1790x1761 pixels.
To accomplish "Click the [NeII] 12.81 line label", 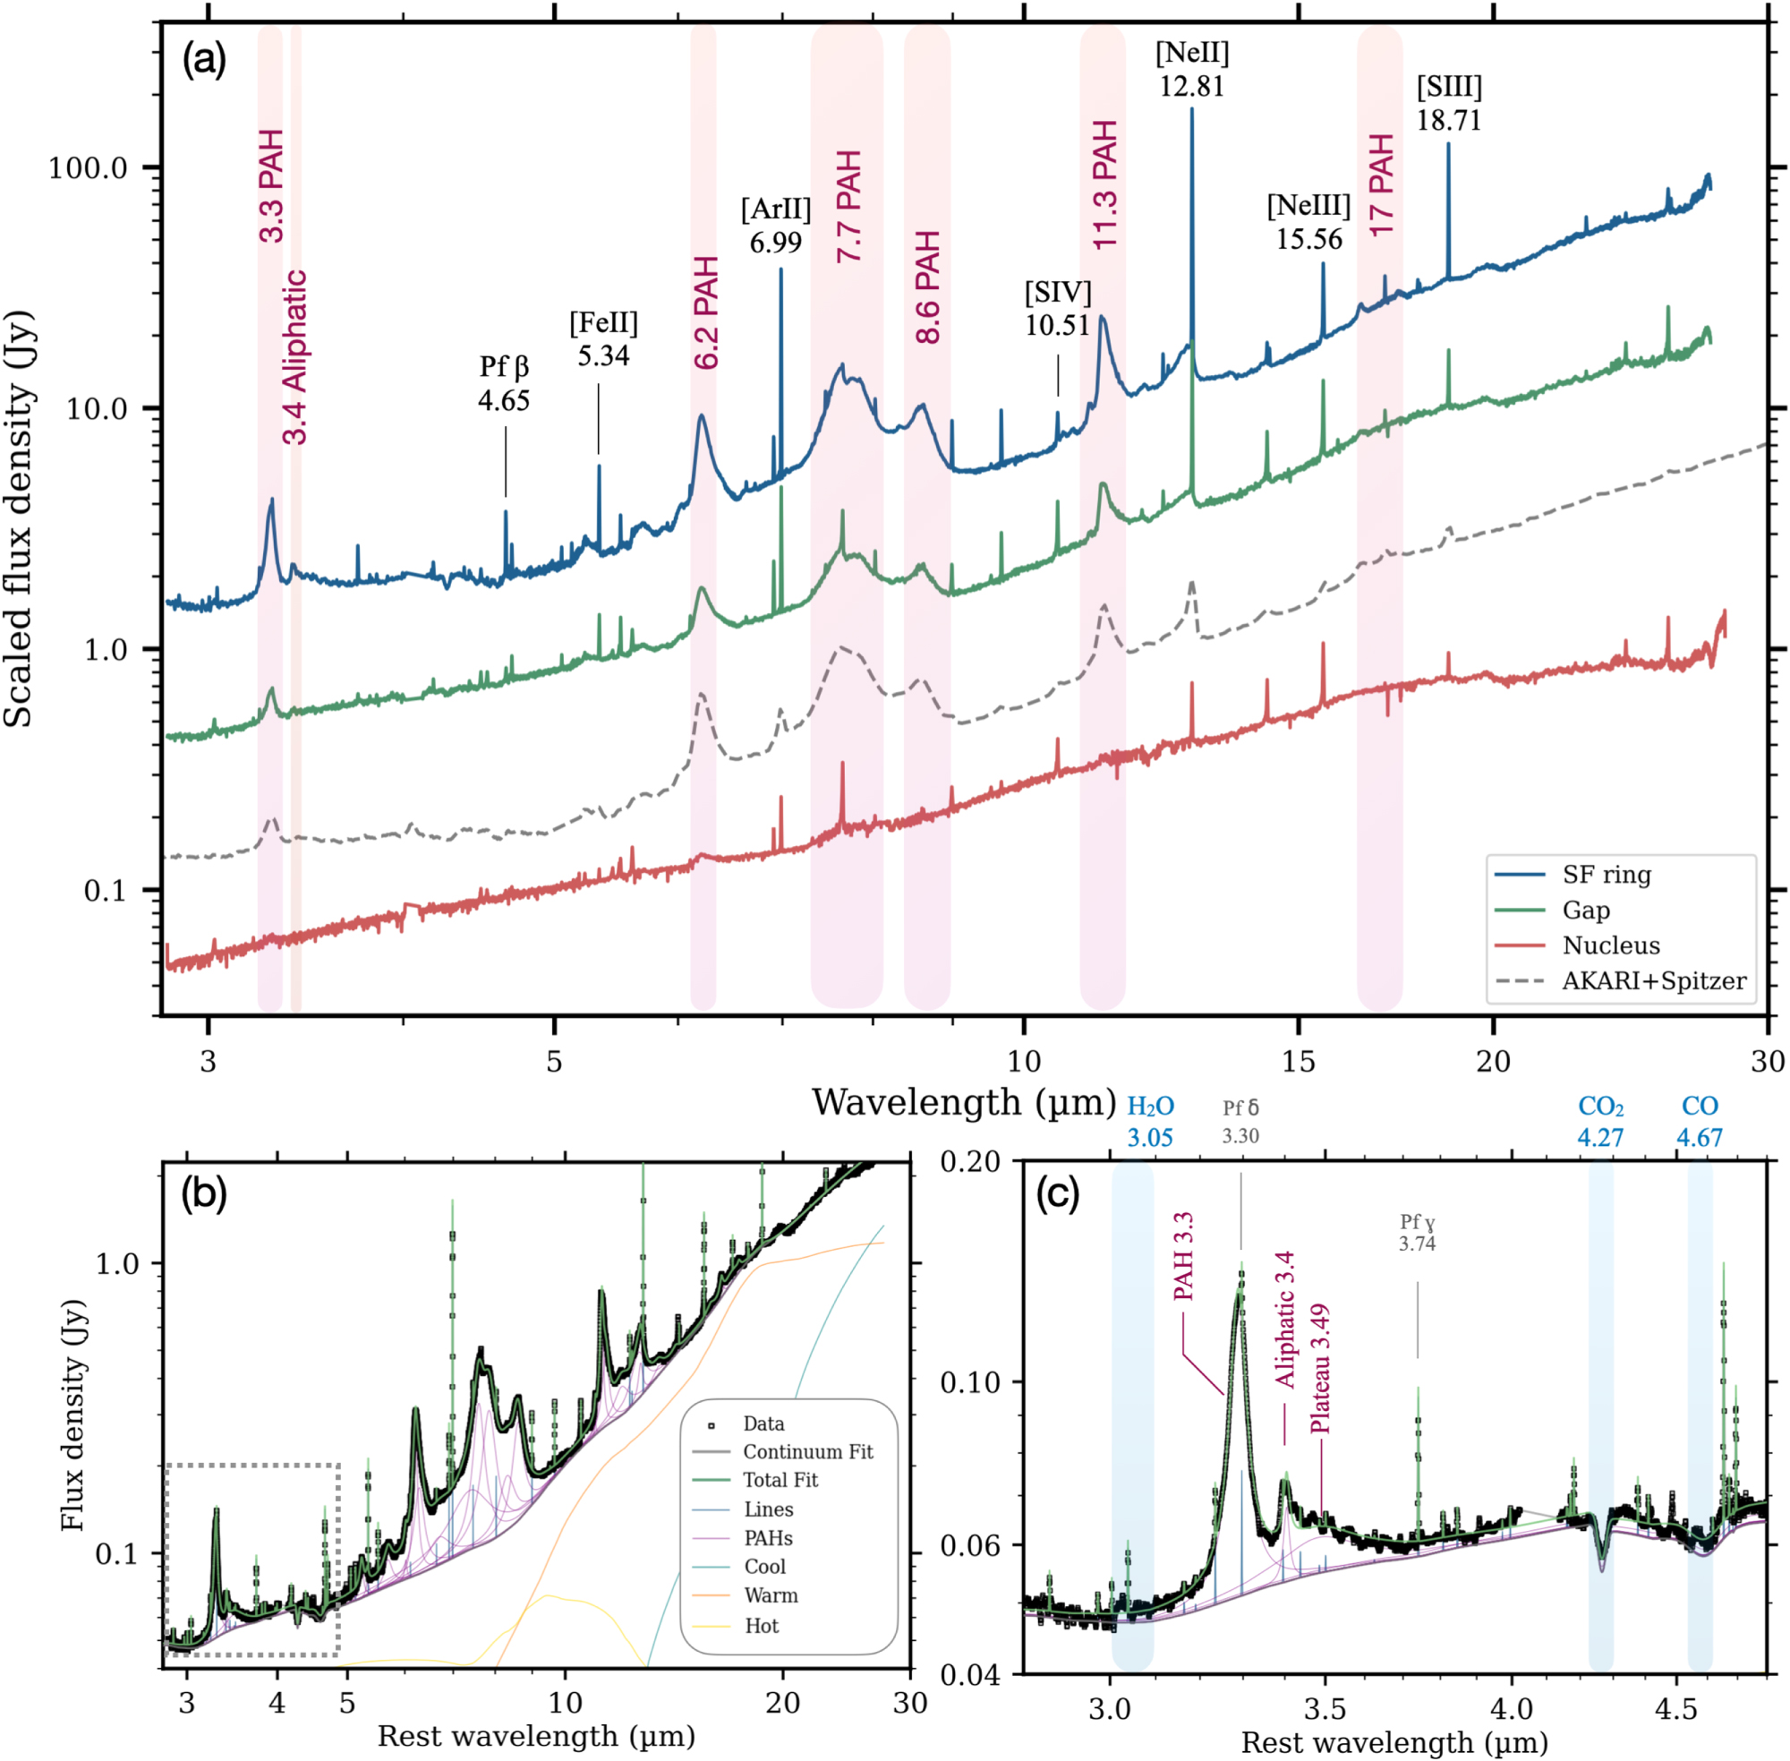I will (x=1192, y=69).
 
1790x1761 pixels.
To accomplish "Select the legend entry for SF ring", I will (x=1606, y=874).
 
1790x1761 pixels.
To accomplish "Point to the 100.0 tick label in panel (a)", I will (x=88, y=168).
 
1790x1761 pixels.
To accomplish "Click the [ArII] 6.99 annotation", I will (x=776, y=226).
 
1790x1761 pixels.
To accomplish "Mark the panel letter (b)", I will (x=204, y=1194).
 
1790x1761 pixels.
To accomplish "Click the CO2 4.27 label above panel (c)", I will (x=1600, y=1121).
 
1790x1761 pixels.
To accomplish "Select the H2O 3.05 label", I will (x=1150, y=1121).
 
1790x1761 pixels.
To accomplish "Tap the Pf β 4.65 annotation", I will (x=504, y=384).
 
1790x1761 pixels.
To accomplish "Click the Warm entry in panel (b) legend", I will (x=771, y=1595).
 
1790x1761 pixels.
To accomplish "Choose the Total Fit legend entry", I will (x=780, y=1480).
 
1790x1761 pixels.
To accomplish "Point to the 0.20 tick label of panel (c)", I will (x=970, y=1162).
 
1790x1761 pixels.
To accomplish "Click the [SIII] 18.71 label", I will (x=1449, y=104).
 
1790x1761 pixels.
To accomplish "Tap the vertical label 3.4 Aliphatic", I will (x=295, y=357).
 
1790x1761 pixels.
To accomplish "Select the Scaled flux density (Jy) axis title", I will (x=19, y=518).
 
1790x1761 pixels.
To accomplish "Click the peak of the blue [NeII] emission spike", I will (x=1192, y=110).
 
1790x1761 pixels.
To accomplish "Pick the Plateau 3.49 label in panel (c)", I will (x=1319, y=1368).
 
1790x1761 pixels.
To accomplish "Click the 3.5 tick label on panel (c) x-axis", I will (x=1325, y=1708).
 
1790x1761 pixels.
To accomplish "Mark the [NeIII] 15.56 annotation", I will (x=1308, y=222).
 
